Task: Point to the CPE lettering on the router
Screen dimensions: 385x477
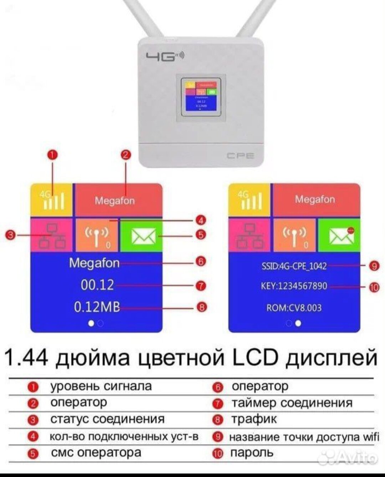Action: click(x=241, y=156)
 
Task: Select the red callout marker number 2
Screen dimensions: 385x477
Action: click(x=126, y=154)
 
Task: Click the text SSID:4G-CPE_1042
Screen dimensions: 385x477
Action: click(x=294, y=266)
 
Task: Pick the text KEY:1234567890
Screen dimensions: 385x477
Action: click(x=294, y=286)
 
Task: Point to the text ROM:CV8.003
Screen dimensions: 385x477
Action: click(x=294, y=308)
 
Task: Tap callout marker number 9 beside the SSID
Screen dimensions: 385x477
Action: click(x=374, y=266)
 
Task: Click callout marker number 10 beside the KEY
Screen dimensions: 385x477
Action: click(x=374, y=288)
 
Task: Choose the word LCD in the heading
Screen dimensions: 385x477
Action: click(x=255, y=357)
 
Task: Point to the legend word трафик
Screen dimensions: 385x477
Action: click(x=254, y=419)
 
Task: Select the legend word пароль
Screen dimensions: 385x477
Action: click(x=252, y=453)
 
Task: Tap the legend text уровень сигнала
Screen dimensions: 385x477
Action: click(x=101, y=386)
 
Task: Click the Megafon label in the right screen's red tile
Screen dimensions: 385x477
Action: click(x=315, y=199)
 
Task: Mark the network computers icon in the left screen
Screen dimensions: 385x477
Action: click(x=52, y=235)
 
